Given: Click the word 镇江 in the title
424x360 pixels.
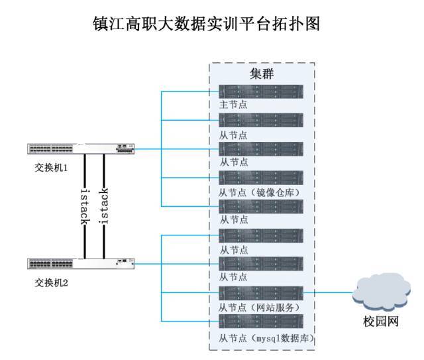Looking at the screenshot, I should pyautogui.click(x=111, y=25).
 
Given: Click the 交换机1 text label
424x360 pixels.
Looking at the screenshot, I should pyautogui.click(x=52, y=167).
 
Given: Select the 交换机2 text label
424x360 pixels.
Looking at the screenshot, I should pyautogui.click(x=52, y=282).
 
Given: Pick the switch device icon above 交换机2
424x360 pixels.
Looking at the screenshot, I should pyautogui.click(x=80, y=264).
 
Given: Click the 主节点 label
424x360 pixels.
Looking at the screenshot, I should pyautogui.click(x=233, y=105).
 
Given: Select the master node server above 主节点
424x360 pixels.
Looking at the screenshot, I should pyautogui.click(x=261, y=91).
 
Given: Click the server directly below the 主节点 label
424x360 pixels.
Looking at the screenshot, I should pyautogui.click(x=261, y=120).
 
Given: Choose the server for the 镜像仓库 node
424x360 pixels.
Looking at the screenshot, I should pyautogui.click(x=261, y=178).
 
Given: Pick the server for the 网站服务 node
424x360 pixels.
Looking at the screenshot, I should pyautogui.click(x=261, y=293).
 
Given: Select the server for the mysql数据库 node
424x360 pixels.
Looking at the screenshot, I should pyautogui.click(x=261, y=322).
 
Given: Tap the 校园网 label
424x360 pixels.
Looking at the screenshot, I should pyautogui.click(x=380, y=322).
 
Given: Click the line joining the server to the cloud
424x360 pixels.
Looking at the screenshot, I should pyautogui.click(x=328, y=292).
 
